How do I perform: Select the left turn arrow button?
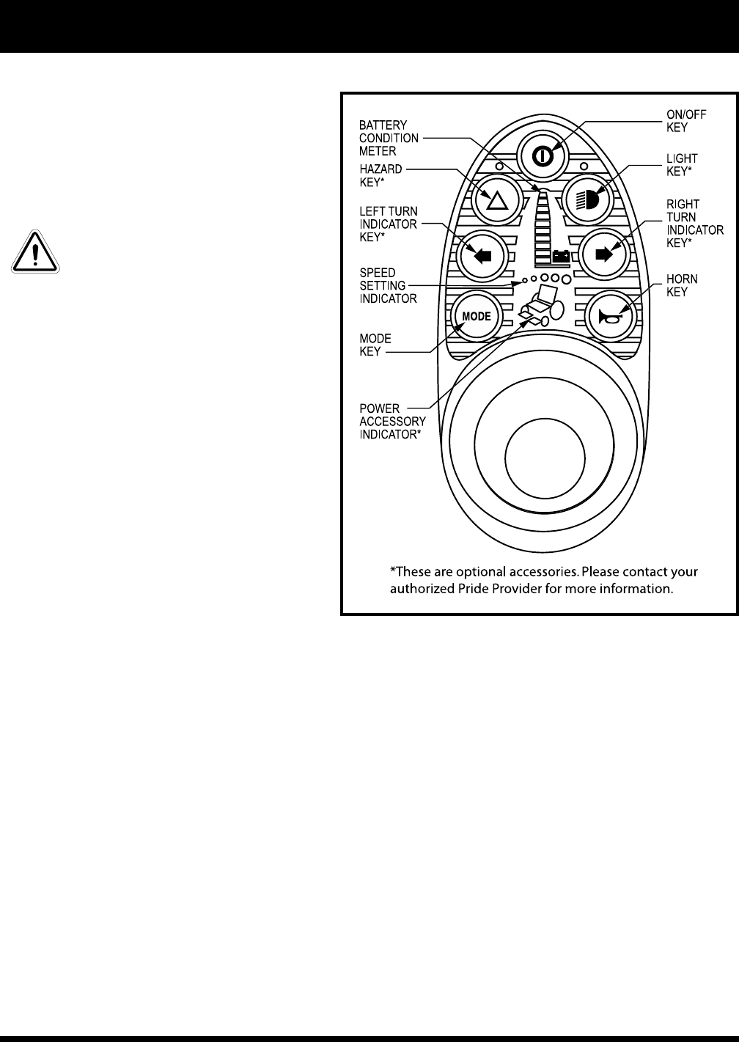(x=480, y=255)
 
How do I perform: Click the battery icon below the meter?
(x=562, y=257)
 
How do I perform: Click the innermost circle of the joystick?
(x=545, y=458)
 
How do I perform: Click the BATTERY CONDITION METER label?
(x=389, y=138)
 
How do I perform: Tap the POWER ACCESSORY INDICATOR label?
(x=392, y=422)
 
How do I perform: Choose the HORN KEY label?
(x=682, y=285)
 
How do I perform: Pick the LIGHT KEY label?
(x=682, y=164)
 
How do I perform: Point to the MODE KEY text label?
(x=375, y=345)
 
